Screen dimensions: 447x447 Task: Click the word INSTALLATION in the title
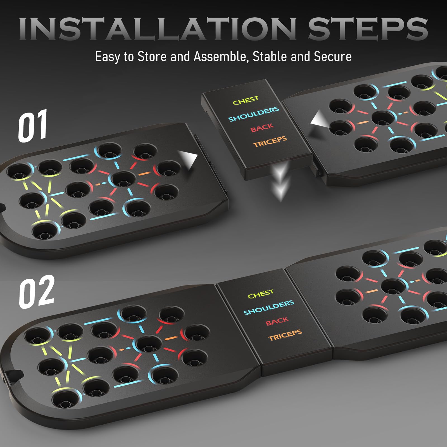click(158, 28)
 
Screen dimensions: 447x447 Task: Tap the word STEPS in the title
click(368, 28)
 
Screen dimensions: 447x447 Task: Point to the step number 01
click(33, 126)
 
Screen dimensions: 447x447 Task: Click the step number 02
click(36, 291)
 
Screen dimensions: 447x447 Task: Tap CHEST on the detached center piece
click(246, 101)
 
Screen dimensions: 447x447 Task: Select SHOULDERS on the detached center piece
click(254, 114)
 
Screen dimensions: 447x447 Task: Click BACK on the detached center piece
click(262, 128)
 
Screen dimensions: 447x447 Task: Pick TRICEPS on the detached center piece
click(270, 142)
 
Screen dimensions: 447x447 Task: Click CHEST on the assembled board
click(261, 294)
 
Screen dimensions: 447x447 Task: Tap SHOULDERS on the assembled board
click(269, 308)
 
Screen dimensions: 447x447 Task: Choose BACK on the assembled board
click(277, 321)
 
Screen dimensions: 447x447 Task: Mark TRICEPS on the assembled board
click(285, 335)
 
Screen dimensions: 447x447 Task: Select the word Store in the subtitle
click(152, 56)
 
